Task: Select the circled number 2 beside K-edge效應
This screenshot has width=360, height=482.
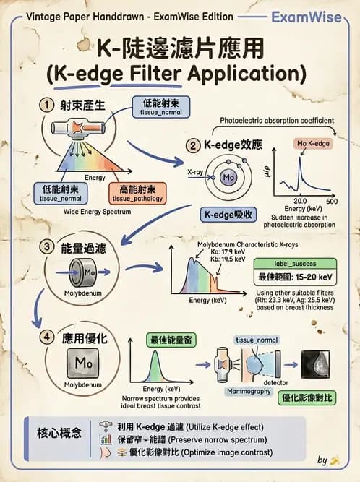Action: [193, 145]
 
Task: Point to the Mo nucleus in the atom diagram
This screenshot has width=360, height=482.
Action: [229, 177]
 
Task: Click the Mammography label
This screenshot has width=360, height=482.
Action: [249, 391]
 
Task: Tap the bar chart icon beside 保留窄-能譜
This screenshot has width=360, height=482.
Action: [104, 438]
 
